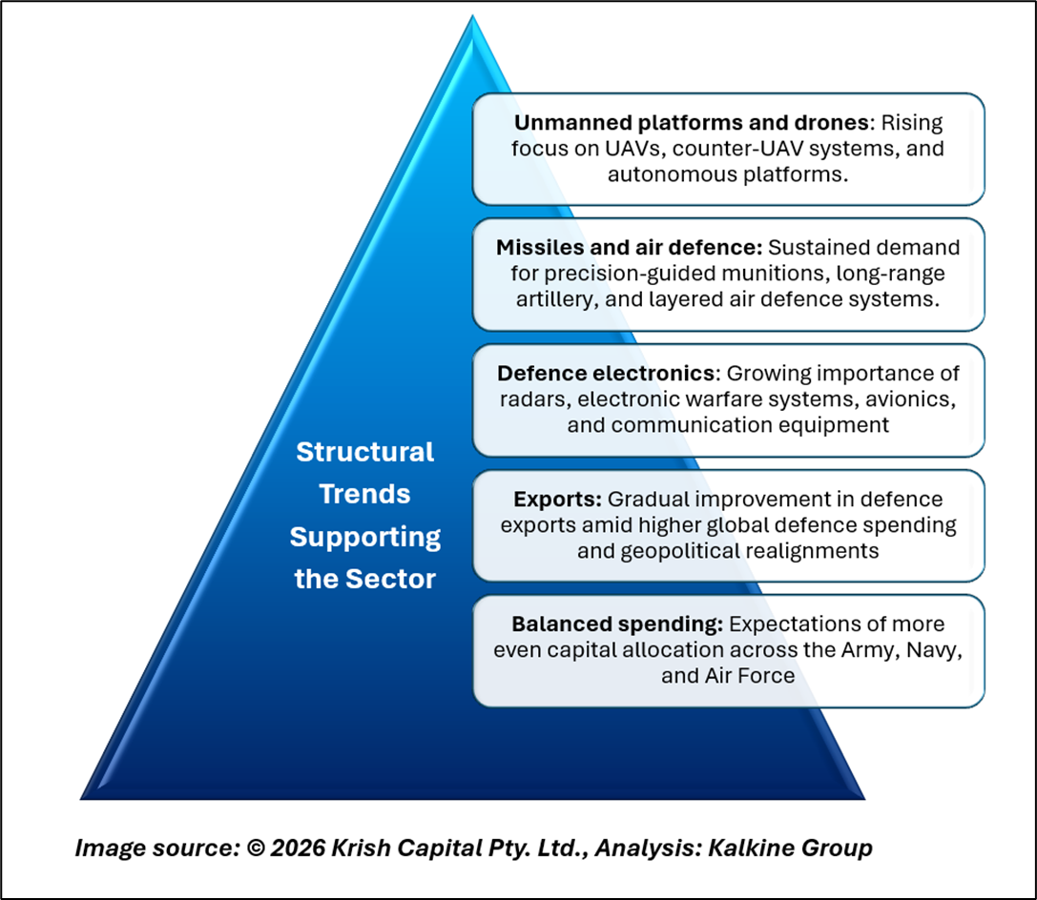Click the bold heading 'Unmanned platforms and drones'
(691, 123)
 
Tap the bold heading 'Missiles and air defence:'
(630, 247)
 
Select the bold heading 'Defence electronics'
(606, 374)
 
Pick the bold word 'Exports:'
(557, 499)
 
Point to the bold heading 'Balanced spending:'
(617, 624)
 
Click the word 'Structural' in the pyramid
(365, 452)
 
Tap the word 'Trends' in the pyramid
(365, 494)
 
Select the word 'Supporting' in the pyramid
(365, 537)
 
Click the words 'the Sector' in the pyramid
(365, 579)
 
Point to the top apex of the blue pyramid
(472, 15)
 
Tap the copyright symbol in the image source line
(256, 848)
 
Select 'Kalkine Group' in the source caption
(790, 848)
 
